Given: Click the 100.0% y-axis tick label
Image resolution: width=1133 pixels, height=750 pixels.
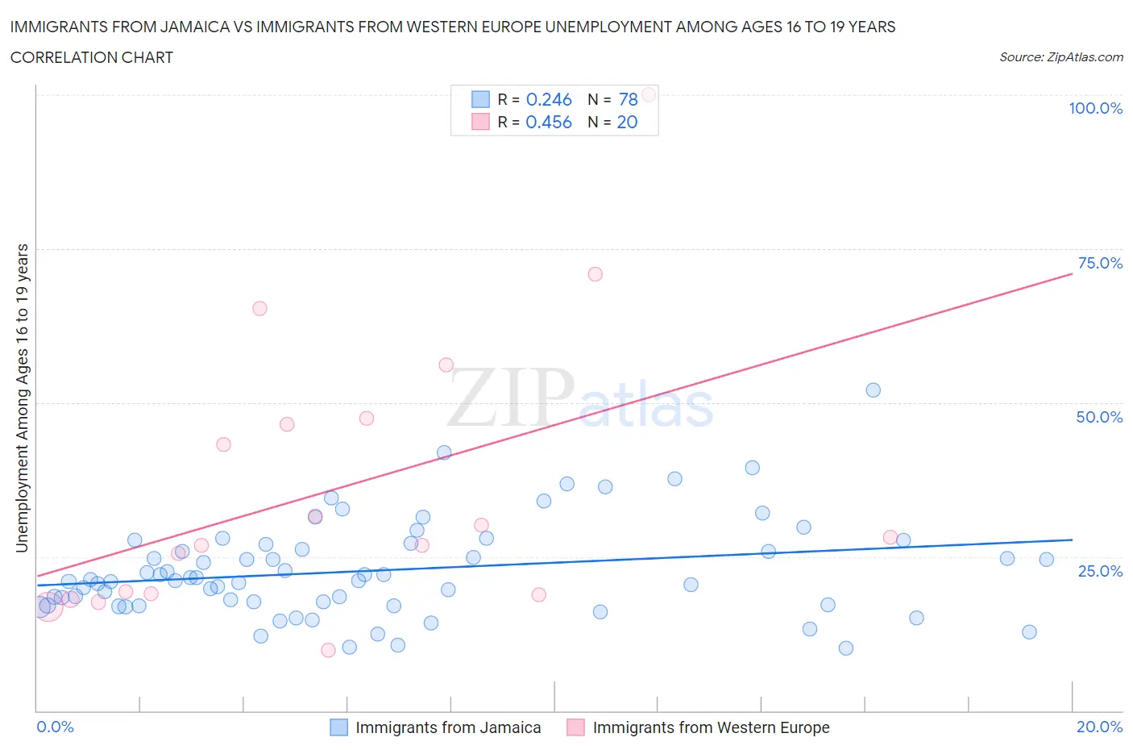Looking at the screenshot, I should [x=1095, y=108].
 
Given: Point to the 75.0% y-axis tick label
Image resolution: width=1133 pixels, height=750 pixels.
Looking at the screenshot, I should [x=1100, y=263].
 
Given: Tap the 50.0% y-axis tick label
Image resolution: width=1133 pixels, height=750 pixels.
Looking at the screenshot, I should [x=1099, y=417].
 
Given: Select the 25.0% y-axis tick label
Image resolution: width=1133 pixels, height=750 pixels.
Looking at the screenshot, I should [x=1100, y=571].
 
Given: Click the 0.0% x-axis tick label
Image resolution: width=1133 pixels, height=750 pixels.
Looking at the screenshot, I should [x=55, y=727].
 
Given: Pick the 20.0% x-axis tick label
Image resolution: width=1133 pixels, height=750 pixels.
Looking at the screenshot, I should [x=1099, y=727].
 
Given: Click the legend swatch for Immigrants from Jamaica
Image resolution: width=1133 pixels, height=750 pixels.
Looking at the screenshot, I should [x=339, y=727].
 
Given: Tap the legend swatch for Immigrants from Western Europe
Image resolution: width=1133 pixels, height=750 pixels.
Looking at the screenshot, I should [x=575, y=727].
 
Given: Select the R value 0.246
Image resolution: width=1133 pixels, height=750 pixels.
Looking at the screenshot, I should [x=549, y=99].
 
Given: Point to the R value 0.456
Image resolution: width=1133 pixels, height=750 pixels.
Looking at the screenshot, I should [x=549, y=122].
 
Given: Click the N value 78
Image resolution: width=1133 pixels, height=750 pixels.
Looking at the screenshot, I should [x=628, y=99].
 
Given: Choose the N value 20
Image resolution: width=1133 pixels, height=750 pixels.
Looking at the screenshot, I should [x=627, y=122].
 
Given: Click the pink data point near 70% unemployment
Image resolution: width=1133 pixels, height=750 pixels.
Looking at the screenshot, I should [x=595, y=274].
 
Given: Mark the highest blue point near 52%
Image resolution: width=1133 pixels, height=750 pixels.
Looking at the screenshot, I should [x=873, y=390].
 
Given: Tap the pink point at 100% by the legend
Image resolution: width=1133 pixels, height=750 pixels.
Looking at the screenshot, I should [x=649, y=94].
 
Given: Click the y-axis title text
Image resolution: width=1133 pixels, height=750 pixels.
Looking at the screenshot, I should [x=22, y=398].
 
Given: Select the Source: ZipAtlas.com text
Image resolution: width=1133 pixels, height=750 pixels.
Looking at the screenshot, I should [x=1060, y=57].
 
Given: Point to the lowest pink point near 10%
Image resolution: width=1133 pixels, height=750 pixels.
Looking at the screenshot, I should [x=328, y=650].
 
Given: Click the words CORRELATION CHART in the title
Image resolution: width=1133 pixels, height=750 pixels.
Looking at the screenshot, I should [x=92, y=57].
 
